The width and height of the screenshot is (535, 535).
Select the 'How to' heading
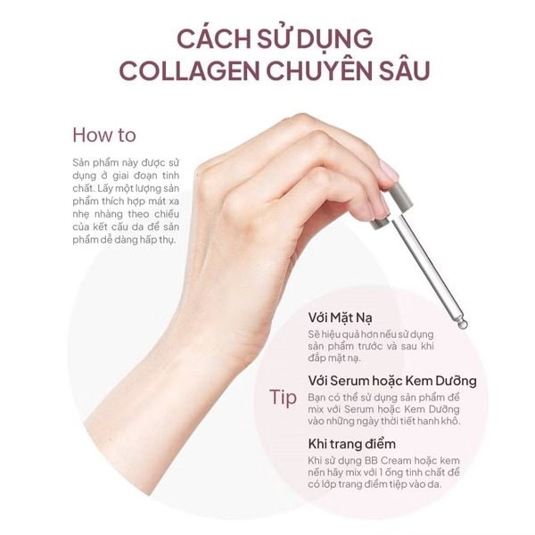(x=103, y=136)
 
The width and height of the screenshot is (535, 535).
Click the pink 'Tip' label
(x=283, y=398)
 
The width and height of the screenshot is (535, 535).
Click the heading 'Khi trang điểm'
(x=351, y=443)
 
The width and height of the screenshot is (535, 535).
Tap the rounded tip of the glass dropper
(x=462, y=324)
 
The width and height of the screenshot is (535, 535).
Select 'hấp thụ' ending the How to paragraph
(x=156, y=240)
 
